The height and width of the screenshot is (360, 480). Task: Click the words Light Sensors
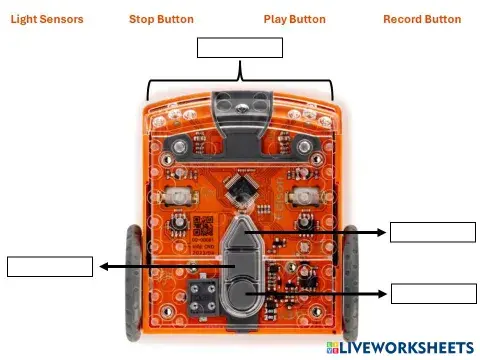pyautogui.click(x=47, y=19)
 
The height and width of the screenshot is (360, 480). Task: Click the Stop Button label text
pyautogui.click(x=161, y=19)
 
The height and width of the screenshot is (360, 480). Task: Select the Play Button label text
pyautogui.click(x=294, y=19)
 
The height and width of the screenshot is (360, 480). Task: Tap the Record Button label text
pyautogui.click(x=422, y=19)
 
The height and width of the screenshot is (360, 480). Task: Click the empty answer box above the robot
pyautogui.click(x=240, y=48)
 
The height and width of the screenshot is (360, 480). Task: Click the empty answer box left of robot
pyautogui.click(x=50, y=266)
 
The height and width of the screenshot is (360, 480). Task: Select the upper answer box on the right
pyautogui.click(x=433, y=232)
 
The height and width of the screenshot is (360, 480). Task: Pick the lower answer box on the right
pyautogui.click(x=433, y=293)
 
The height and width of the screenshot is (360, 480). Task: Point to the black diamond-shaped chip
pyautogui.click(x=241, y=186)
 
